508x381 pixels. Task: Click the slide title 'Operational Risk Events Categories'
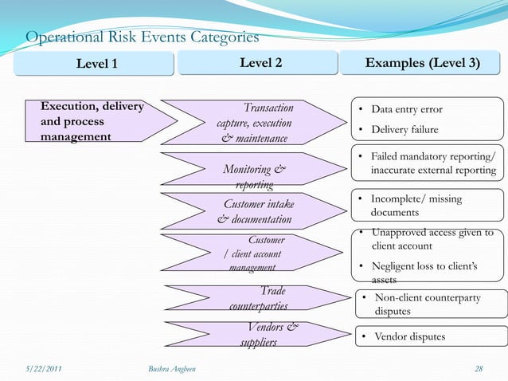[x=143, y=37]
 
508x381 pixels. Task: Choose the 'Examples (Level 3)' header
[x=422, y=64]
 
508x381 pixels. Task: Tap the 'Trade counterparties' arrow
[x=259, y=298]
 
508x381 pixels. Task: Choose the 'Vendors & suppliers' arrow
[x=261, y=335]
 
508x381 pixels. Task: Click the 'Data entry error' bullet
[x=406, y=110]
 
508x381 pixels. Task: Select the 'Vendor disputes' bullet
[x=409, y=337]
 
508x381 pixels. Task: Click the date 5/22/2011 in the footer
[x=45, y=368]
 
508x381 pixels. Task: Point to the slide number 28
[x=478, y=368]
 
